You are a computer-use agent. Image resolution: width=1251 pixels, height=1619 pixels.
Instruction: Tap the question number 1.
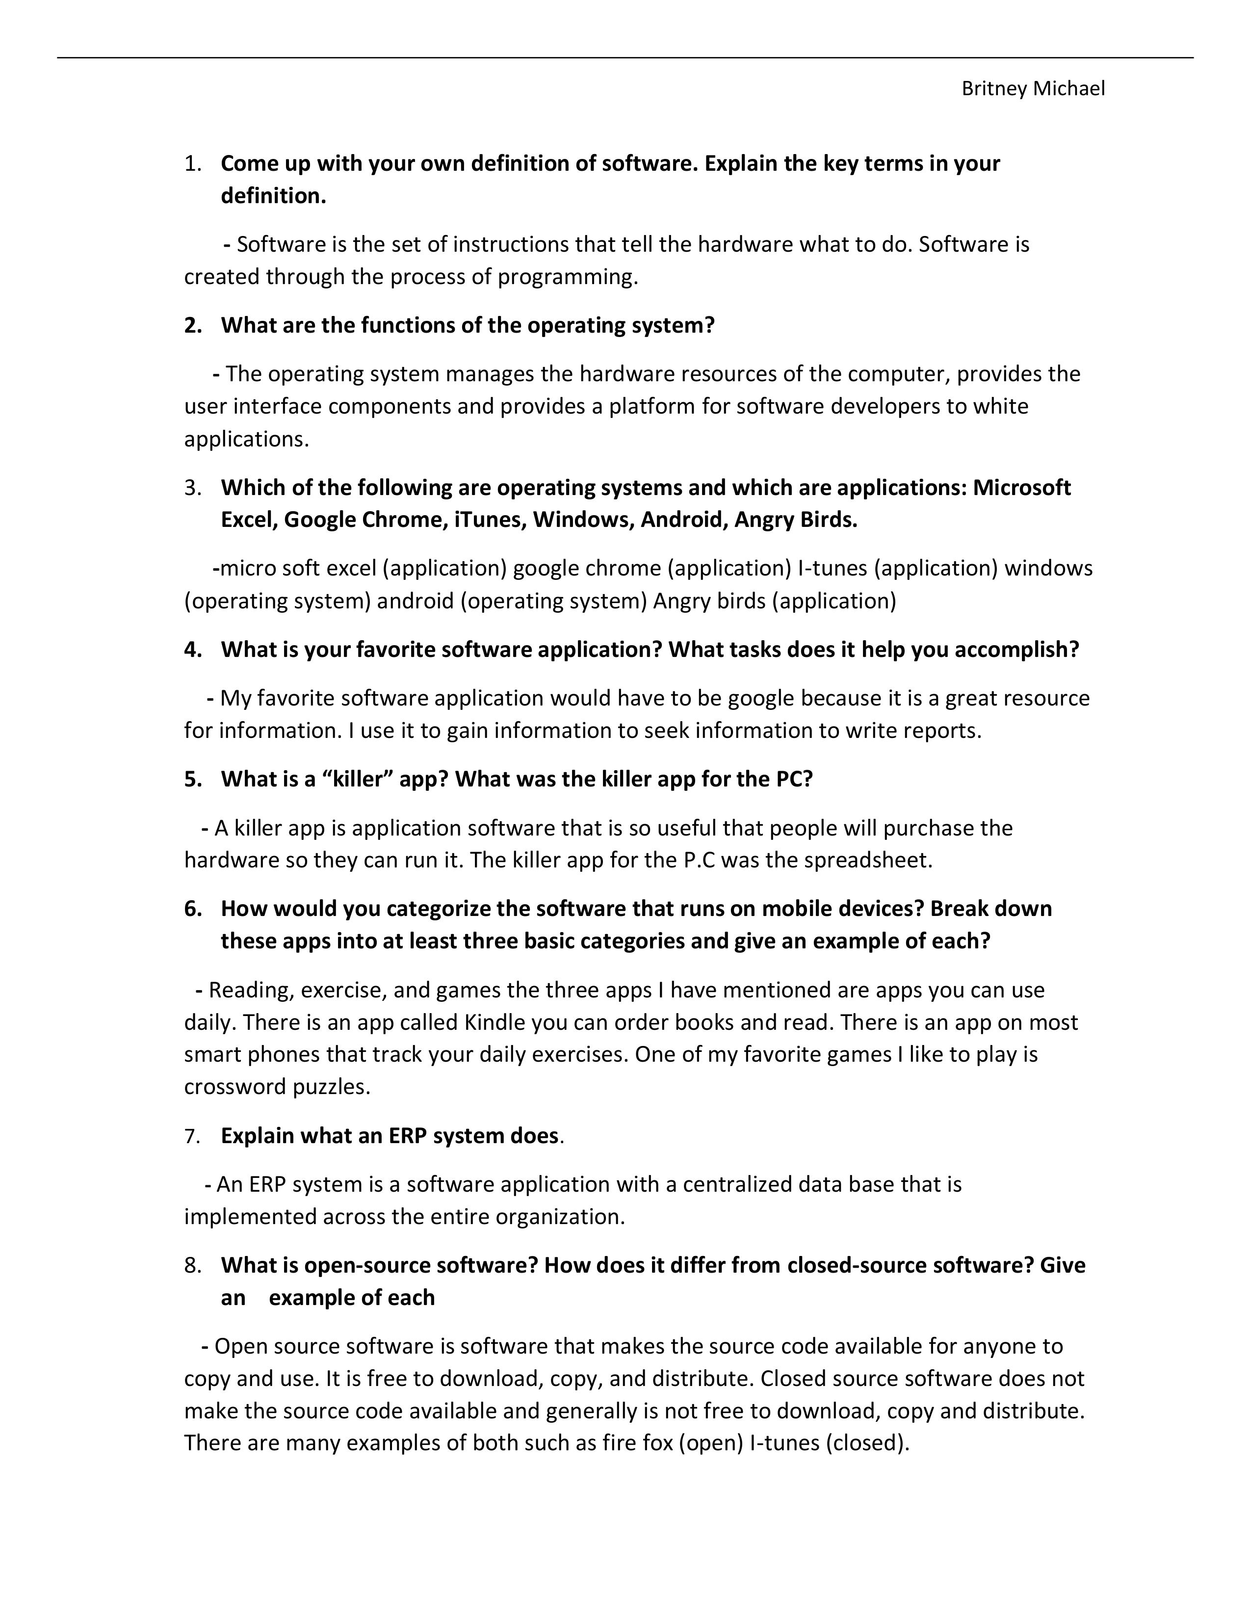pyautogui.click(x=192, y=164)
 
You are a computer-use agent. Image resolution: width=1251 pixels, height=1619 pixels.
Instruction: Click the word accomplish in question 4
pyautogui.click(x=1016, y=650)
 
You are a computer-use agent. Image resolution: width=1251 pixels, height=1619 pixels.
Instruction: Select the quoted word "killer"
pyautogui.click(x=357, y=779)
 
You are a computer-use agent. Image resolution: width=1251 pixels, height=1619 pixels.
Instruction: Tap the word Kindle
pyautogui.click(x=495, y=1023)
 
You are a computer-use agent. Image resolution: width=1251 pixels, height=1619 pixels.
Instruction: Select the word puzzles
pyautogui.click(x=331, y=1088)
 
